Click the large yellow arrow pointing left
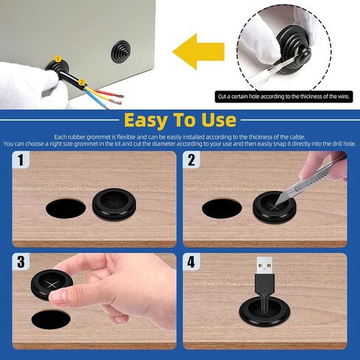point(198,52)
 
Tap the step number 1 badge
point(21,159)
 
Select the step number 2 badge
point(192,159)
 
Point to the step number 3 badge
point(21,262)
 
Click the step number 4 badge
point(192,262)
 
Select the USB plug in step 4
point(264,275)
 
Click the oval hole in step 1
point(66,208)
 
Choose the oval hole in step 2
point(222,209)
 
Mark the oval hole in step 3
point(51,320)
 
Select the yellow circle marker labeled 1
point(58,59)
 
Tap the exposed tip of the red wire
point(120,95)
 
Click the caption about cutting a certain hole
point(284,97)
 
